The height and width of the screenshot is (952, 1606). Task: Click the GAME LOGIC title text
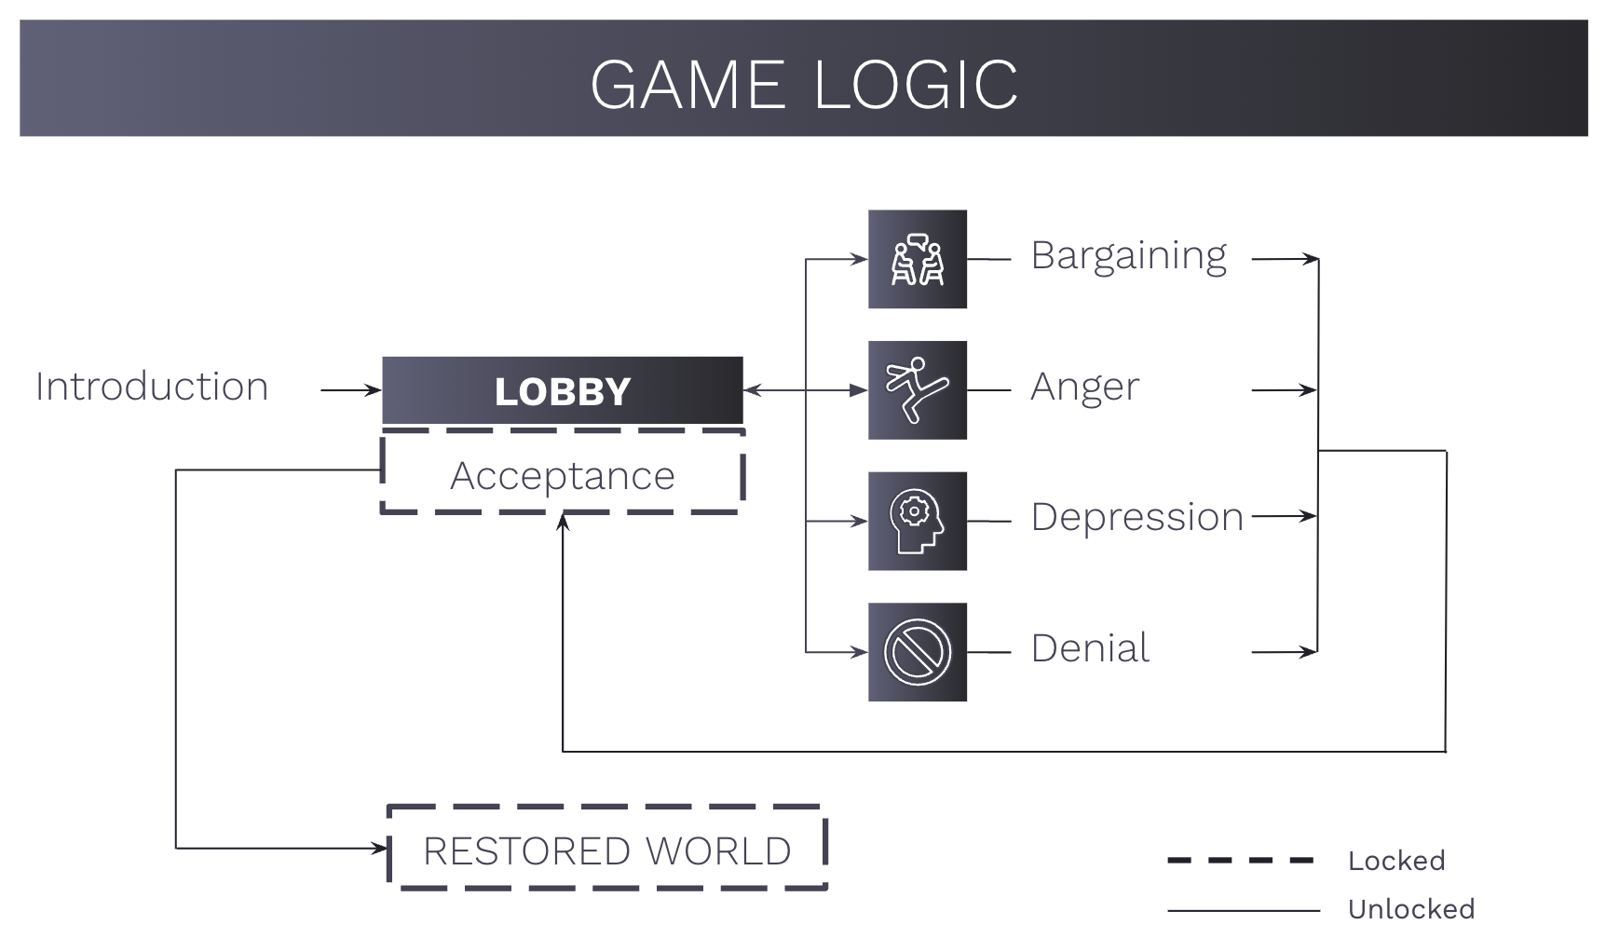tap(804, 85)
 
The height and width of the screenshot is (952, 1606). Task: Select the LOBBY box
tap(563, 390)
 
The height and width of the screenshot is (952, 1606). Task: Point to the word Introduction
tap(152, 387)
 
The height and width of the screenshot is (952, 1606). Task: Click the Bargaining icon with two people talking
tap(918, 259)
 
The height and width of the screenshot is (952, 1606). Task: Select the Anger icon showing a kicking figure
tap(918, 390)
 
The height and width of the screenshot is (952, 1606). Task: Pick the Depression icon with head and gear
tap(918, 521)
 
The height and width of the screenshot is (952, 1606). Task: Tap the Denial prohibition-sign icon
tap(918, 652)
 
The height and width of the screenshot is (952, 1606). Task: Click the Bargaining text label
tap(1129, 257)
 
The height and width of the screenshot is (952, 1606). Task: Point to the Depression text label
tap(1137, 518)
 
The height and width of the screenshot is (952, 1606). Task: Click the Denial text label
tap(1090, 647)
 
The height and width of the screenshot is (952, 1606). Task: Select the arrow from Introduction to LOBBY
tap(351, 390)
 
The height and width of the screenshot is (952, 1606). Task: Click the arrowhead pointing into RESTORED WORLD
tap(380, 848)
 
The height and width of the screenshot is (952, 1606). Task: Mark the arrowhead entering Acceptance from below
tap(563, 522)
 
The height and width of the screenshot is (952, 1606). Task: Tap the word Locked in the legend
tap(1396, 861)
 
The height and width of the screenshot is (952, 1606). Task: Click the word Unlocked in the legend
tap(1411, 909)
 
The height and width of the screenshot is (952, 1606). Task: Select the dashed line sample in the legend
tap(1241, 861)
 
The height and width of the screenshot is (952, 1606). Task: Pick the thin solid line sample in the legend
tap(1244, 910)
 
